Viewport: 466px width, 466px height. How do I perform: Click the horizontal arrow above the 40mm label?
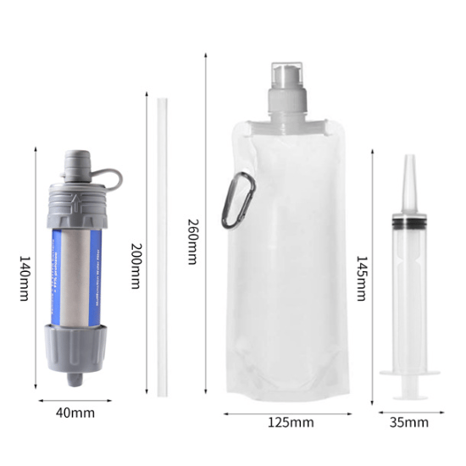tap(77, 397)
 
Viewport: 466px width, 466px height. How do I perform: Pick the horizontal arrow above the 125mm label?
tap(288, 414)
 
